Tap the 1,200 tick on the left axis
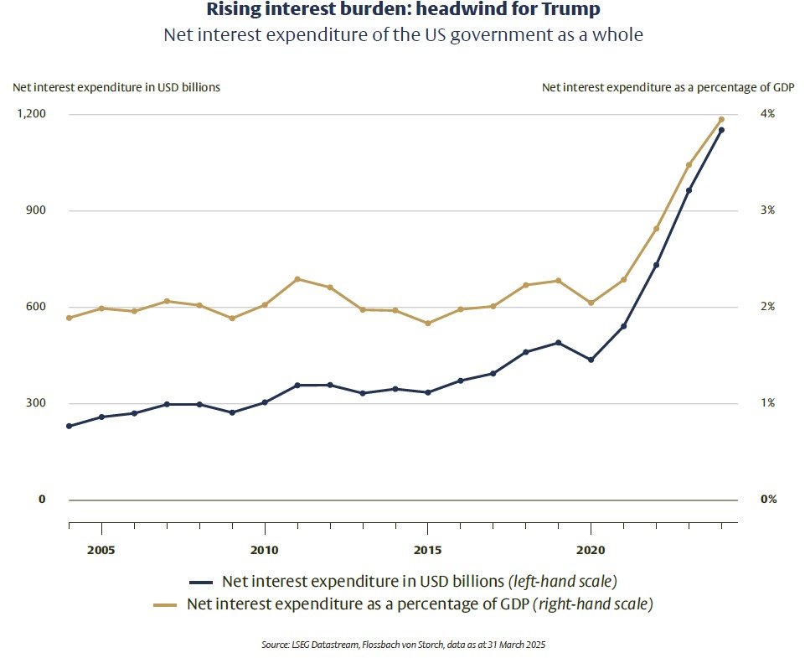(x=31, y=113)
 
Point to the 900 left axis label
(x=36, y=210)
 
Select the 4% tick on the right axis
(x=767, y=113)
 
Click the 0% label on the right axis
(x=768, y=500)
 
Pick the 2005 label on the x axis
(x=101, y=550)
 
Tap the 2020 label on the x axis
(x=591, y=550)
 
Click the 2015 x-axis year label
(x=428, y=550)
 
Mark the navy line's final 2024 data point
(x=721, y=130)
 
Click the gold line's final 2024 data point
(x=721, y=119)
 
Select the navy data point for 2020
(x=591, y=360)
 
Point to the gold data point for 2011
(x=297, y=279)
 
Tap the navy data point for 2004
(x=70, y=426)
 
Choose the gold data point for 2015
(x=428, y=323)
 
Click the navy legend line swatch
(x=201, y=583)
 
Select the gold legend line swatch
(x=165, y=605)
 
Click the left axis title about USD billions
(x=116, y=87)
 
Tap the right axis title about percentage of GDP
(x=668, y=87)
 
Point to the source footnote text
(x=404, y=645)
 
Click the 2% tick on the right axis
(x=767, y=307)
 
